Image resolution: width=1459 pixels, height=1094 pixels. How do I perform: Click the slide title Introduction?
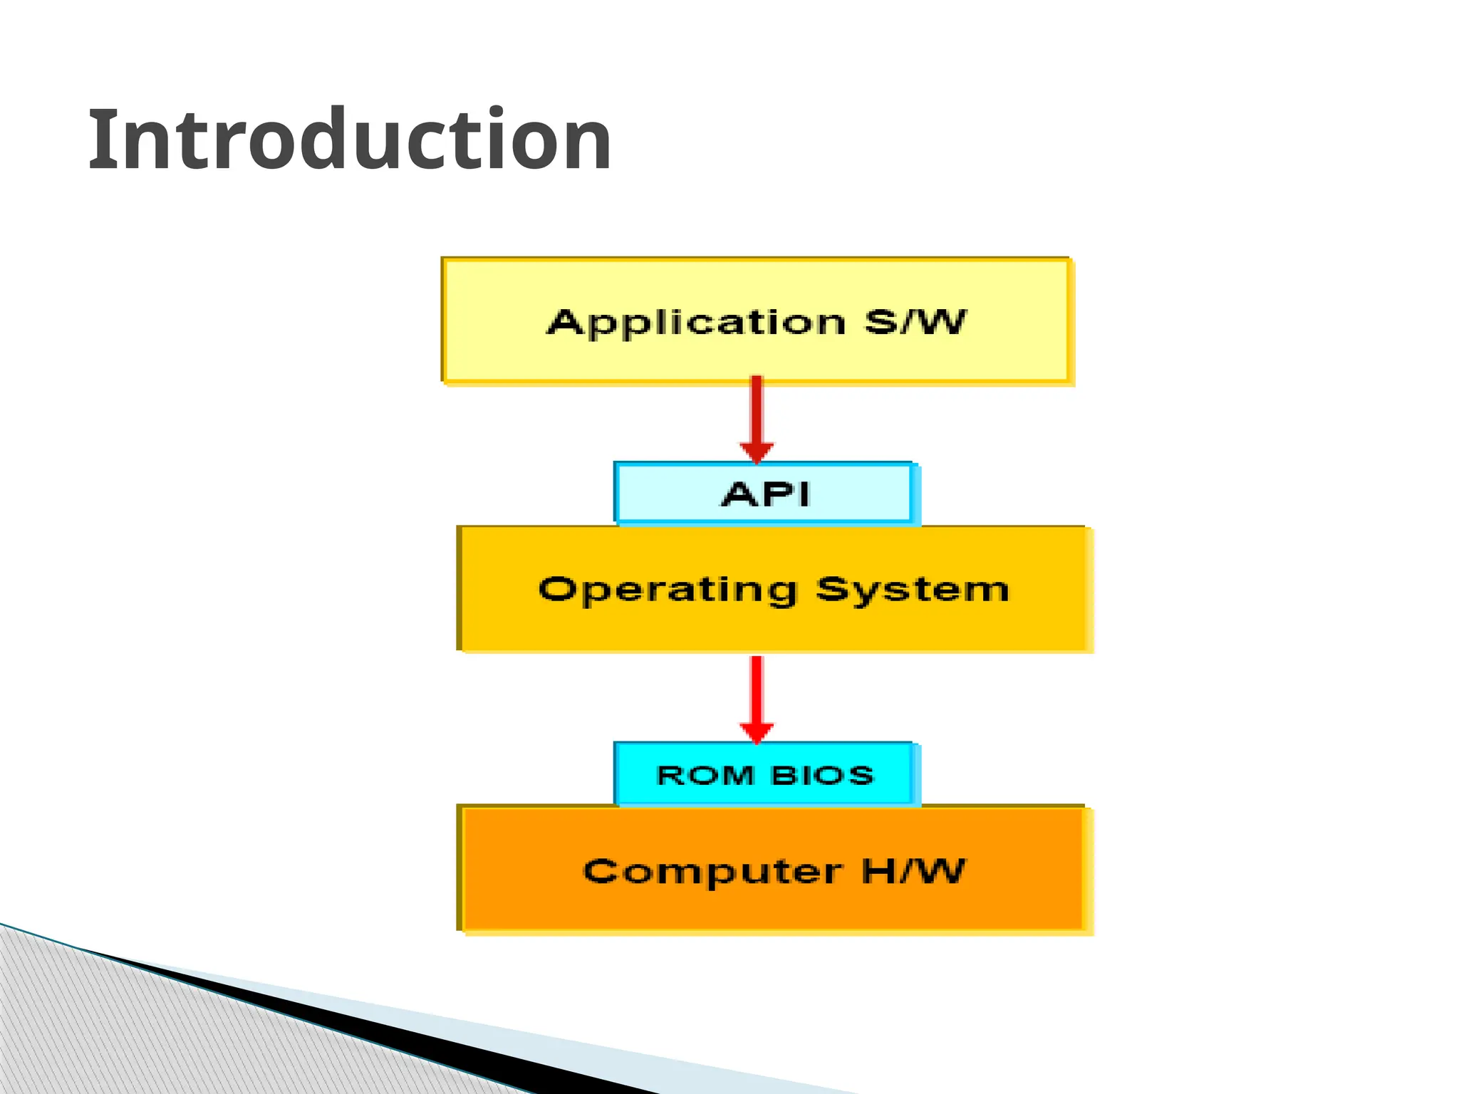(x=349, y=140)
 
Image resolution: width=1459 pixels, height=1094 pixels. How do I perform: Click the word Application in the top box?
(x=696, y=323)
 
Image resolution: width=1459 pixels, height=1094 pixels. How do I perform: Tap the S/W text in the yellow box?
(x=915, y=322)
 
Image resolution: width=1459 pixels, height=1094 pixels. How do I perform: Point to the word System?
(x=912, y=590)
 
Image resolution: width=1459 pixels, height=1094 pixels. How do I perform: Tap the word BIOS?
(x=822, y=775)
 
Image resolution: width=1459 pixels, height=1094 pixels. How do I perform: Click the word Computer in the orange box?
(x=713, y=871)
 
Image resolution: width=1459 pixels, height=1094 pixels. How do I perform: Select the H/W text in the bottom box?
(x=913, y=870)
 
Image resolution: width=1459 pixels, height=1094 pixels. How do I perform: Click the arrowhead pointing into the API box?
(x=757, y=453)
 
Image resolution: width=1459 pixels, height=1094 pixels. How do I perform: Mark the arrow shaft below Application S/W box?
(x=757, y=410)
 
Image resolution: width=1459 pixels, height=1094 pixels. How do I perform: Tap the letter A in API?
(x=738, y=494)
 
